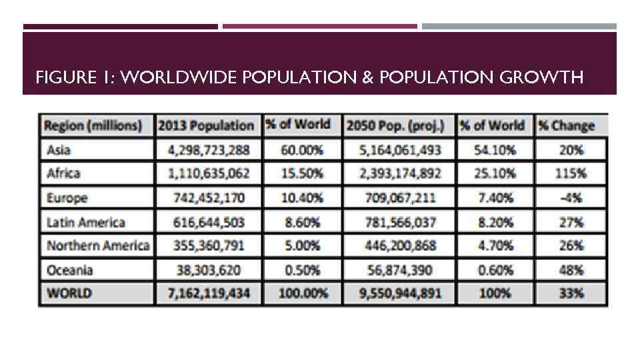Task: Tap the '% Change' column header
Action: pyautogui.click(x=571, y=125)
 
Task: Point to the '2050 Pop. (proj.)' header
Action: pyautogui.click(x=399, y=125)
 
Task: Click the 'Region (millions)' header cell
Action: pyautogui.click(x=93, y=125)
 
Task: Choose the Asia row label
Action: pyautogui.click(x=59, y=150)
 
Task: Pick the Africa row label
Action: pyautogui.click(x=63, y=174)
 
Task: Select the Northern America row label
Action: pyautogui.click(x=97, y=245)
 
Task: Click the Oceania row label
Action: pyautogui.click(x=70, y=270)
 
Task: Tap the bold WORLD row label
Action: pyautogui.click(x=69, y=293)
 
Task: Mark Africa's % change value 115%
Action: pyautogui.click(x=571, y=174)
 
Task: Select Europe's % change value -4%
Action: pyautogui.click(x=571, y=198)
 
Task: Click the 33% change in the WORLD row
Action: pyautogui.click(x=571, y=293)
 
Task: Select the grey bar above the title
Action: pyautogui.click(x=519, y=27)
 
